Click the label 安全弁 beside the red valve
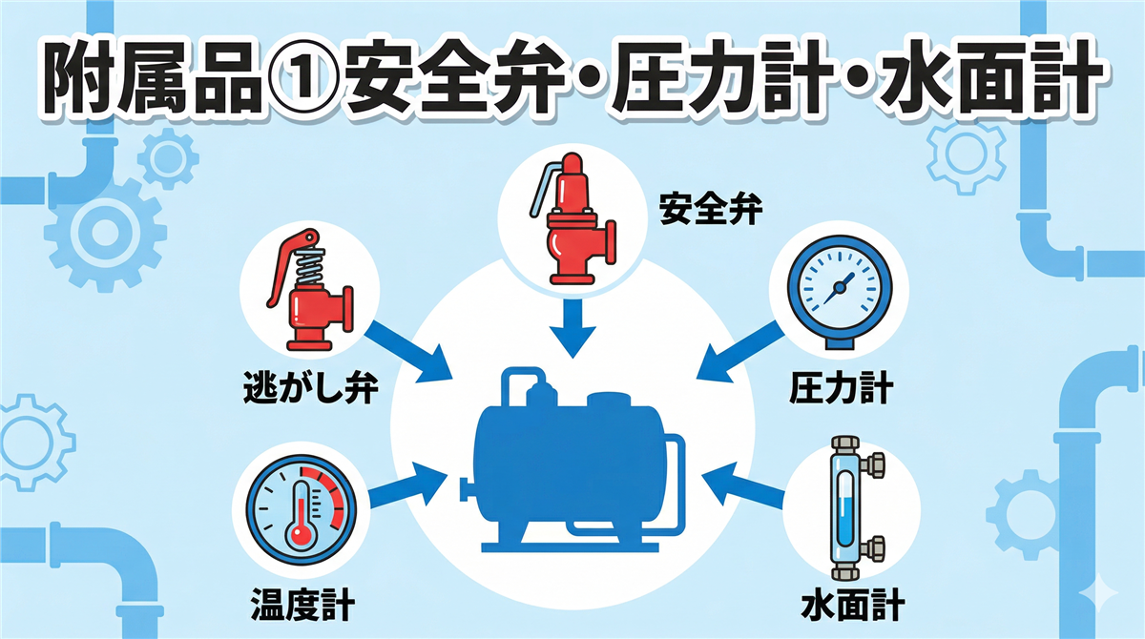pyautogui.click(x=711, y=209)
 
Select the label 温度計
pyautogui.click(x=303, y=605)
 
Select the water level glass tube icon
pyautogui.click(x=855, y=508)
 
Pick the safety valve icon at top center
pyautogui.click(x=572, y=219)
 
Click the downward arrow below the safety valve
pyautogui.click(x=573, y=328)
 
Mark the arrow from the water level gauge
pyautogui.click(x=742, y=485)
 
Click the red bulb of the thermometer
pyautogui.click(x=301, y=535)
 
